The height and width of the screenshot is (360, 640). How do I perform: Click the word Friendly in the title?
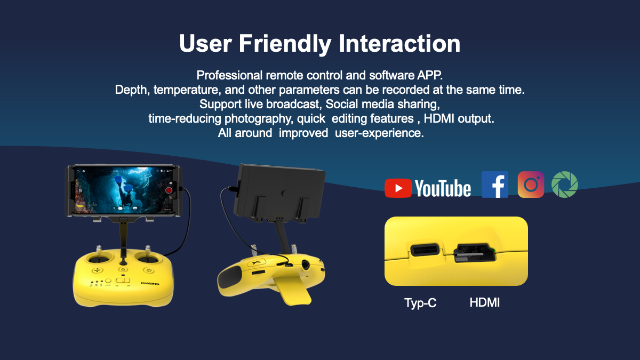(285, 43)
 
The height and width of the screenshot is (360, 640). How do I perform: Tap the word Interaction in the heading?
(399, 43)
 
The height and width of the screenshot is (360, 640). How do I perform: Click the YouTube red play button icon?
(398, 188)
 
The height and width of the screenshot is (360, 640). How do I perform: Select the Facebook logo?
(495, 185)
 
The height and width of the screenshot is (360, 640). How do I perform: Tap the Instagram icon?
(531, 185)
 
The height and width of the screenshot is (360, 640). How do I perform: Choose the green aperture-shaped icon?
(565, 185)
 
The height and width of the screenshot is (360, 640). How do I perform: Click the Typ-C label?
(420, 303)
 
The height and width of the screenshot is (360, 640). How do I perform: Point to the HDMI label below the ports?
(485, 302)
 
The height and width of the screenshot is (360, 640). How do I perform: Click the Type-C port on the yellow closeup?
(425, 250)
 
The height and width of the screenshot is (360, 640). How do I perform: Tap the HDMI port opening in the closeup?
(475, 253)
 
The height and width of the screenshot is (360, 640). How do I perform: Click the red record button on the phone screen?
(169, 190)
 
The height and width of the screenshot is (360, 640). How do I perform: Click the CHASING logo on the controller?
(150, 283)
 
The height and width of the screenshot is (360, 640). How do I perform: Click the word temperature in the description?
(187, 90)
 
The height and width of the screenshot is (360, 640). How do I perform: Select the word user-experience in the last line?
(379, 133)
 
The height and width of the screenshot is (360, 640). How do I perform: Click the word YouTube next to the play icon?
(443, 188)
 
